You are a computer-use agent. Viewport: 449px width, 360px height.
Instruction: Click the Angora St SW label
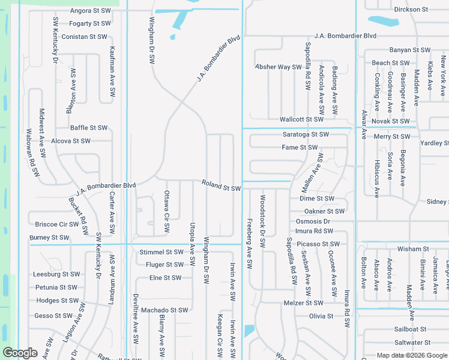coord(91,11)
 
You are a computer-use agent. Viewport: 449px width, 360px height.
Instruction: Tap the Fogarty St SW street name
coord(90,23)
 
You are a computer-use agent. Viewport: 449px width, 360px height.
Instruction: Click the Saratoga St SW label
coord(306,134)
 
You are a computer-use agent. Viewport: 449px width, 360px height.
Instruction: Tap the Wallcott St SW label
coord(301,119)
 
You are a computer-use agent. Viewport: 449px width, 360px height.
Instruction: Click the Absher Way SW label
coord(278,67)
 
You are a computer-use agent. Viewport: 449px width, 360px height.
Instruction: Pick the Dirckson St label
coord(411,10)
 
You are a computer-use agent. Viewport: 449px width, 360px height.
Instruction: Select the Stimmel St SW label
coord(161,252)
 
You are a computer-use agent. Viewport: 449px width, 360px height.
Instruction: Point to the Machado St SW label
coord(164,310)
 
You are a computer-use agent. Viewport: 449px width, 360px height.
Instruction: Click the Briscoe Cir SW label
coord(56,224)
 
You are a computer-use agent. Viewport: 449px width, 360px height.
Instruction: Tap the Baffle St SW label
coord(89,128)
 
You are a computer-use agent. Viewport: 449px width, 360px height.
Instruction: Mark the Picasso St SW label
coord(318,244)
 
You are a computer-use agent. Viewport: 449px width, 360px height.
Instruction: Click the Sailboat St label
coord(410,329)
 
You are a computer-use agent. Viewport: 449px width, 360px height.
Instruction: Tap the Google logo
coord(20,353)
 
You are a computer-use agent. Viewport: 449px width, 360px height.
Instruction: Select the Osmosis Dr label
coord(313,221)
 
